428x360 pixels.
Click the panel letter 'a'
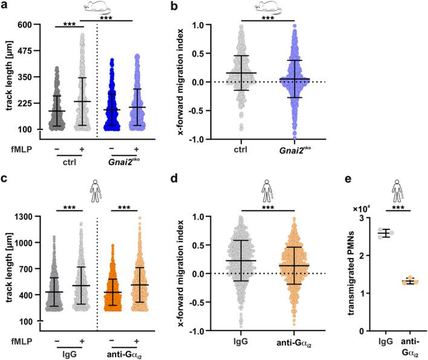(x=5, y=7)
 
